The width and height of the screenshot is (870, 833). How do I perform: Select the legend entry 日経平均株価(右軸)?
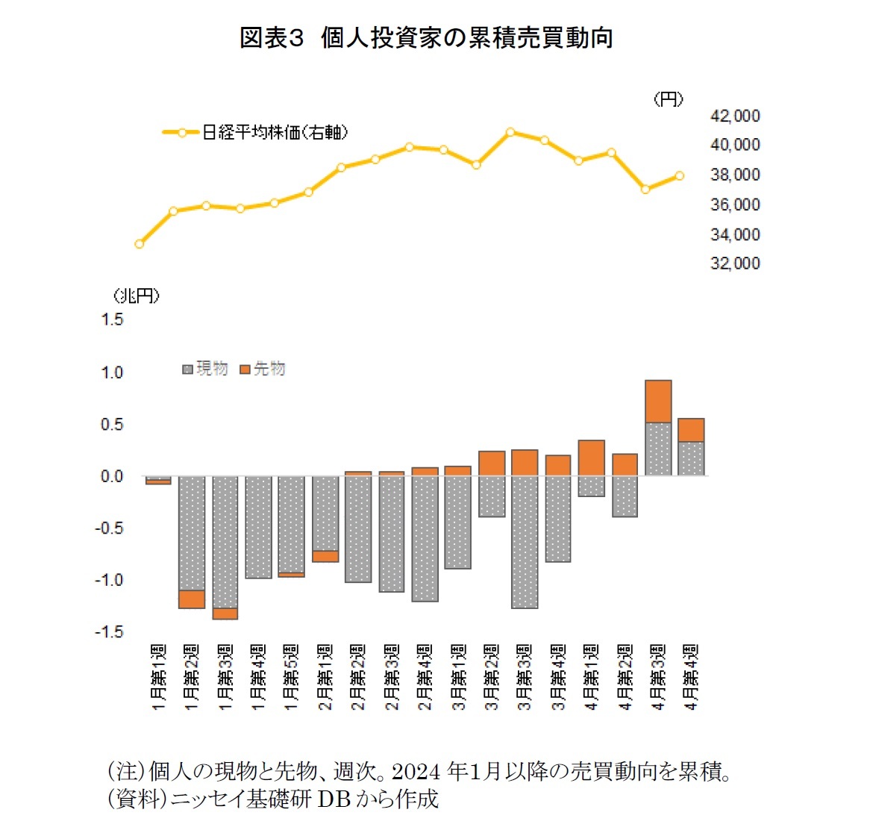274,132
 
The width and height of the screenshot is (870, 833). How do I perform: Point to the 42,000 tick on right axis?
734,116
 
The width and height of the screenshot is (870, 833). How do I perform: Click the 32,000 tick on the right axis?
734,263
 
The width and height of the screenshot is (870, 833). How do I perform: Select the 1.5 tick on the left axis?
112,319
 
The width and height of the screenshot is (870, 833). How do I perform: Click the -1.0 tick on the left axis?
109,580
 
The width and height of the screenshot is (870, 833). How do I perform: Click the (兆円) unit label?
137,296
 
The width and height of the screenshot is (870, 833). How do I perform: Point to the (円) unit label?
668,99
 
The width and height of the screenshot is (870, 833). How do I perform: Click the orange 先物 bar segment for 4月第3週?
658,402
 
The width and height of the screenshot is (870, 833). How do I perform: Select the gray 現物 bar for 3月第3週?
525,542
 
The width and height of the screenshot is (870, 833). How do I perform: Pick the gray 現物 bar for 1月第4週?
258,527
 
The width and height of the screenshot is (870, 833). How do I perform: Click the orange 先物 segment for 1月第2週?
192,599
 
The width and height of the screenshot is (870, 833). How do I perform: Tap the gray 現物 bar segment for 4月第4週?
691,458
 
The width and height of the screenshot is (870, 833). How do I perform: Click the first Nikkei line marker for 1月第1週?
139,244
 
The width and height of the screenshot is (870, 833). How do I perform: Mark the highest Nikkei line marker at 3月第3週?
510,132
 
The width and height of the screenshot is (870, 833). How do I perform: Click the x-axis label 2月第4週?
425,676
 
